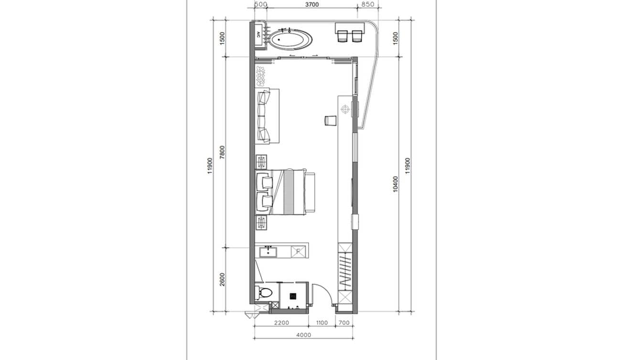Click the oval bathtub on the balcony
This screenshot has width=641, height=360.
pos(290,40)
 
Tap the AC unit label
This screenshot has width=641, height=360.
pos(258,34)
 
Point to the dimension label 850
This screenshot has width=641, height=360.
pos(368,4)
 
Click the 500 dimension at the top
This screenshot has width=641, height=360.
pos(260,4)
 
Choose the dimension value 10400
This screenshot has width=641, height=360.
pos(395,184)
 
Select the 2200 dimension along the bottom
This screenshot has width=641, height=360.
pos(281,323)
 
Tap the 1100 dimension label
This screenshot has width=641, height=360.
pos(322,323)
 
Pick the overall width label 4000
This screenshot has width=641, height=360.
pos(303,335)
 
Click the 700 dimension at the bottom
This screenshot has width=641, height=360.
pos(344,323)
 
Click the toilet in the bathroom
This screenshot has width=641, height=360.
pos(263,292)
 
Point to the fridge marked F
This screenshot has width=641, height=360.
pos(297,251)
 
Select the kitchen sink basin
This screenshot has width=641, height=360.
pos(268,251)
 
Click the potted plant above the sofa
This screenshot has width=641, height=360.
pos(261,76)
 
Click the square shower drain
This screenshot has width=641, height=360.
pos(294,296)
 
